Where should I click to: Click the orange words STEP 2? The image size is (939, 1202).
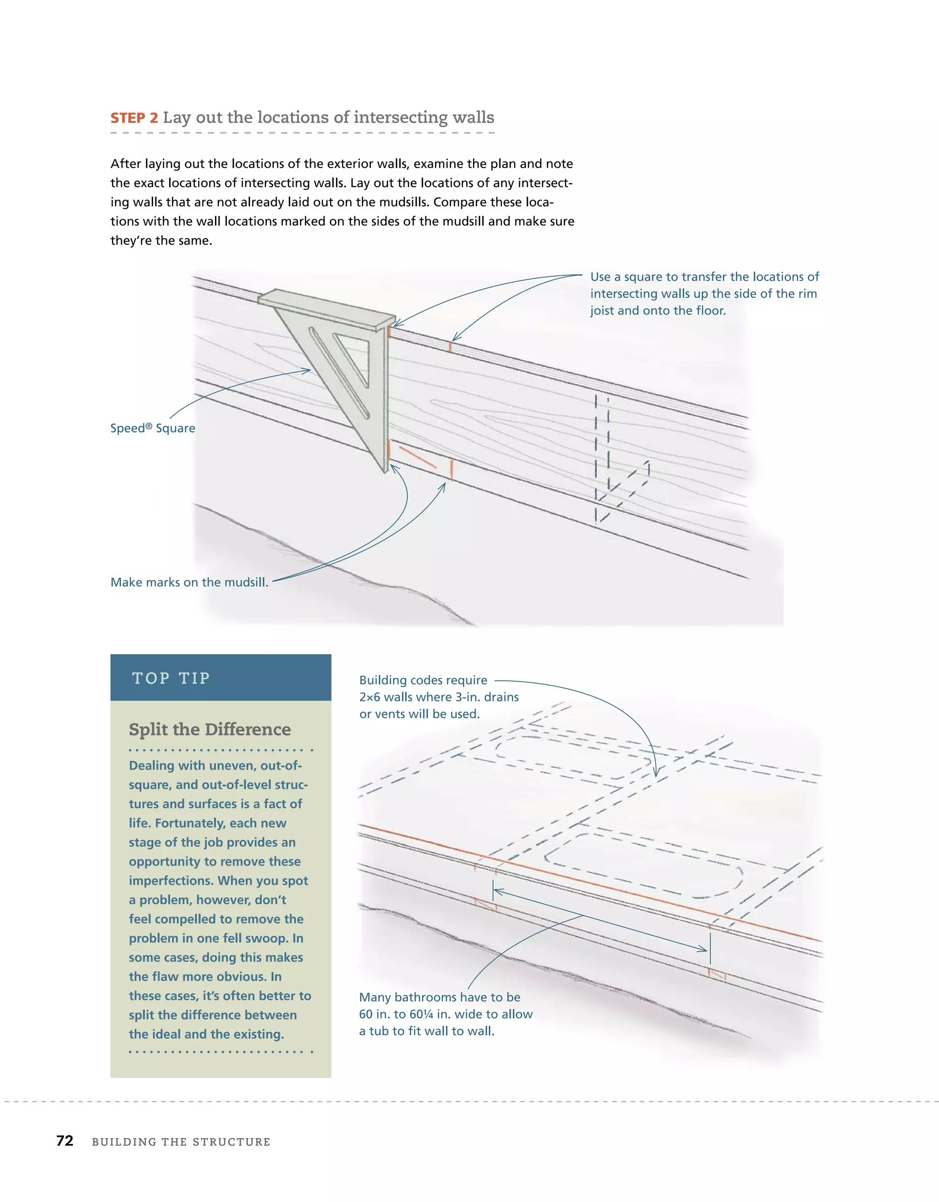134,118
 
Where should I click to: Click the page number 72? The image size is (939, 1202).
65,1141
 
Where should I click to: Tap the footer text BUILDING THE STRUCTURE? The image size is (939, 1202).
181,1142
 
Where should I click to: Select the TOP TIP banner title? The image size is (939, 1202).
171,678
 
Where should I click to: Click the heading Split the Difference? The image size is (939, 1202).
210,729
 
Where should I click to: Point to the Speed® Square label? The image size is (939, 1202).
152,428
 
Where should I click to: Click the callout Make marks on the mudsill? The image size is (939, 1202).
189,582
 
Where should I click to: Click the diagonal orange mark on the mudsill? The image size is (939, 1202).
417,457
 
